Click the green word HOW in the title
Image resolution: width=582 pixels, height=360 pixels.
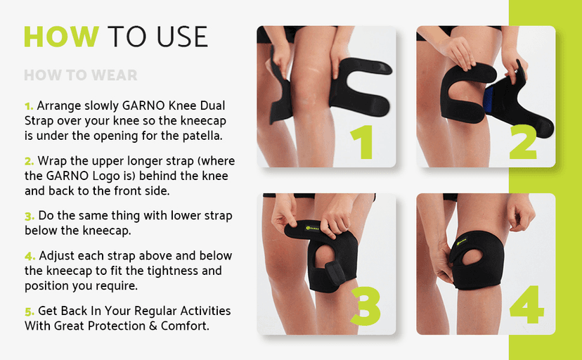pyautogui.click(x=61, y=37)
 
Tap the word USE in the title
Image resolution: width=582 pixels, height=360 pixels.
pyautogui.click(x=181, y=37)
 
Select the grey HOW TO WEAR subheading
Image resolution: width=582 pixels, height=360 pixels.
pyautogui.click(x=81, y=75)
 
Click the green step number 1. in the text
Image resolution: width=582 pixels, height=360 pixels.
pyautogui.click(x=29, y=106)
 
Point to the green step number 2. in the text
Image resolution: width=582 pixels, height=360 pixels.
pyautogui.click(x=30, y=162)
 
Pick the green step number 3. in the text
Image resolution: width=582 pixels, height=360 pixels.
pyautogui.click(x=30, y=216)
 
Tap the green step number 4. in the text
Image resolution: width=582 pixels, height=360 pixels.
pyautogui.click(x=30, y=256)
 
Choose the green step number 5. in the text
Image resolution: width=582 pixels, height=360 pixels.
pyautogui.click(x=30, y=311)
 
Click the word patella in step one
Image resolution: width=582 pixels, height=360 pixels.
pyautogui.click(x=202, y=136)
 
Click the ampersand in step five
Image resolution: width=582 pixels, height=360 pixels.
pyautogui.click(x=153, y=326)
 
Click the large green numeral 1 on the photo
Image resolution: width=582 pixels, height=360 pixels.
pyautogui.click(x=362, y=142)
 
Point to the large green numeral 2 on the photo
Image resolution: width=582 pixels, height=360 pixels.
pyautogui.click(x=523, y=142)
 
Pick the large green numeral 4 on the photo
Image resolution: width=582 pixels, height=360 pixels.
pyautogui.click(x=526, y=304)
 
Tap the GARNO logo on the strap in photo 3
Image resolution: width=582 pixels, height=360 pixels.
pyautogui.click(x=312, y=228)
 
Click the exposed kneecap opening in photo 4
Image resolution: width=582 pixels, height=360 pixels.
pyautogui.click(x=472, y=257)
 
